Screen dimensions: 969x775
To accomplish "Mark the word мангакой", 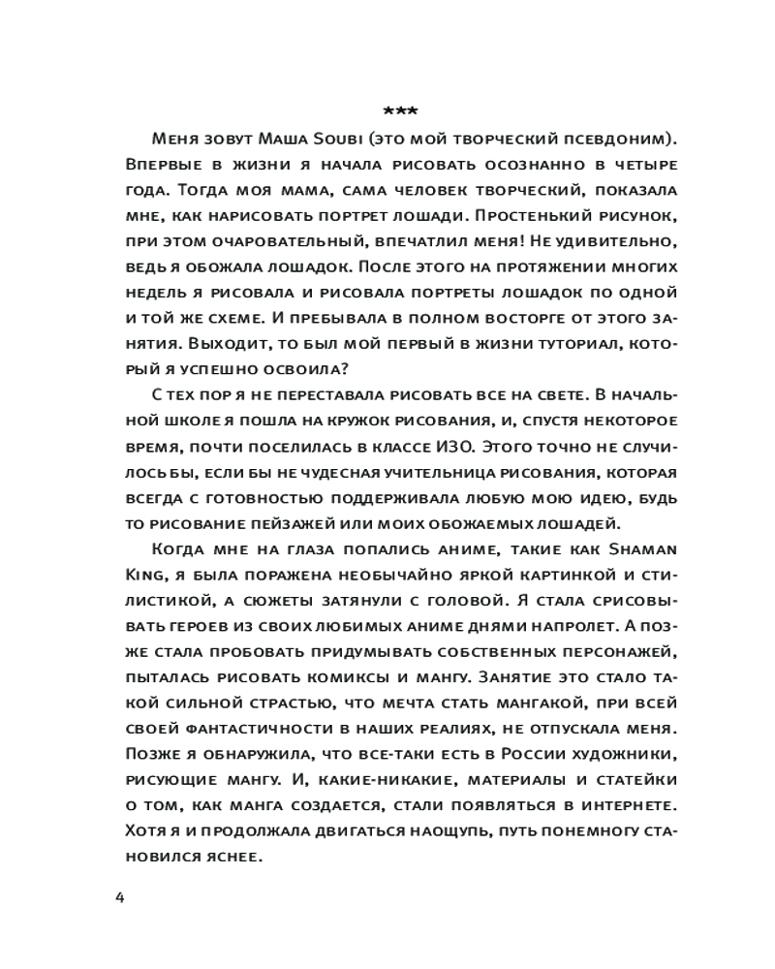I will [519, 700].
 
